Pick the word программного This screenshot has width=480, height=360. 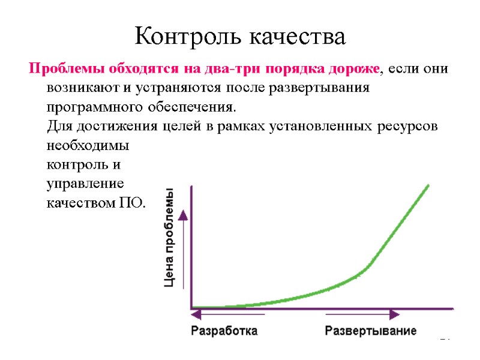click(x=92, y=107)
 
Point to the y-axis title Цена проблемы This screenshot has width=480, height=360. click(x=171, y=239)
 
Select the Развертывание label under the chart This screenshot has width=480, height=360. click(x=370, y=331)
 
